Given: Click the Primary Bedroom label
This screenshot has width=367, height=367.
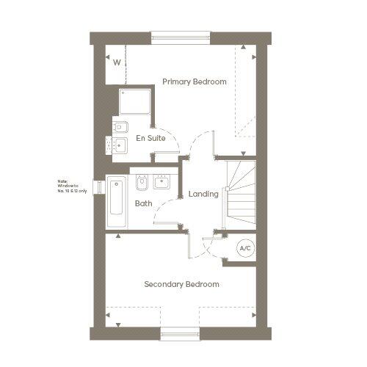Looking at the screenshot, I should (195, 81).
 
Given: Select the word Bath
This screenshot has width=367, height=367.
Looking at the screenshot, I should (143, 203).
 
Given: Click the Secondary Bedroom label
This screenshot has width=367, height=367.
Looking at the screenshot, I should (181, 284).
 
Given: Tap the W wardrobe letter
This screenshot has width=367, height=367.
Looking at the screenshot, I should (117, 62).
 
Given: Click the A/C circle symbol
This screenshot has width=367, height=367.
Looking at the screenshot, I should (244, 249).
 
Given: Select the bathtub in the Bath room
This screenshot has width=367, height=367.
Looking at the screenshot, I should (116, 197).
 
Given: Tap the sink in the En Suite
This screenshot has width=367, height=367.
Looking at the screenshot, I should (120, 145).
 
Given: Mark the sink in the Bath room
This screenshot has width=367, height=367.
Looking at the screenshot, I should (162, 182).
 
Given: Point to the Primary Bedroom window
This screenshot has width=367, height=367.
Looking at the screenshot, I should (181, 36).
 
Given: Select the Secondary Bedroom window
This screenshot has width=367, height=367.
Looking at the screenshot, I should (180, 335).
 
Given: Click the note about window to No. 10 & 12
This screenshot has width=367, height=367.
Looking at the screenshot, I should (72, 186).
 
